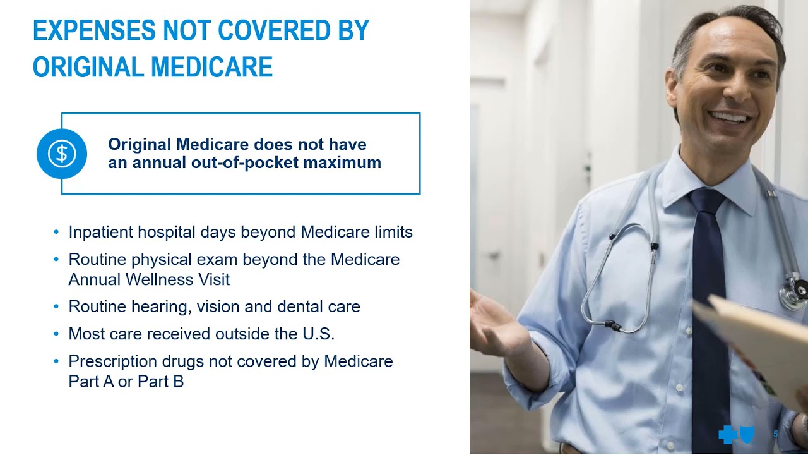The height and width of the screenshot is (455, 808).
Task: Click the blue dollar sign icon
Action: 62,154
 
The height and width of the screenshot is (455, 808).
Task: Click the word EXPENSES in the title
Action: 94,31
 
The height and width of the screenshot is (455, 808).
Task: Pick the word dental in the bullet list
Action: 304,306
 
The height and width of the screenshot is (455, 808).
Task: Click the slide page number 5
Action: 776,434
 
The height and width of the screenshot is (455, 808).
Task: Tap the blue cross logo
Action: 727,435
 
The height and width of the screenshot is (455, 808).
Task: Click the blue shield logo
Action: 747,435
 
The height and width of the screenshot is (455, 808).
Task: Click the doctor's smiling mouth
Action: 729,118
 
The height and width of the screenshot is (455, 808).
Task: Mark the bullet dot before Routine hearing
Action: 57,306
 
